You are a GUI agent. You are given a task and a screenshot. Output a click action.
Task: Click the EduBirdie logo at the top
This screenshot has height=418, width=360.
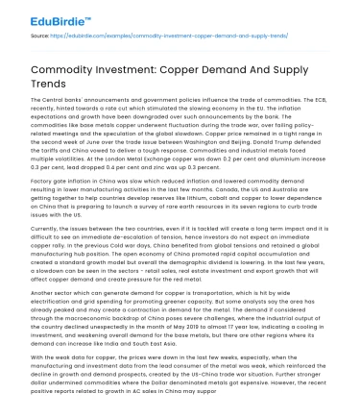point(46,15)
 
